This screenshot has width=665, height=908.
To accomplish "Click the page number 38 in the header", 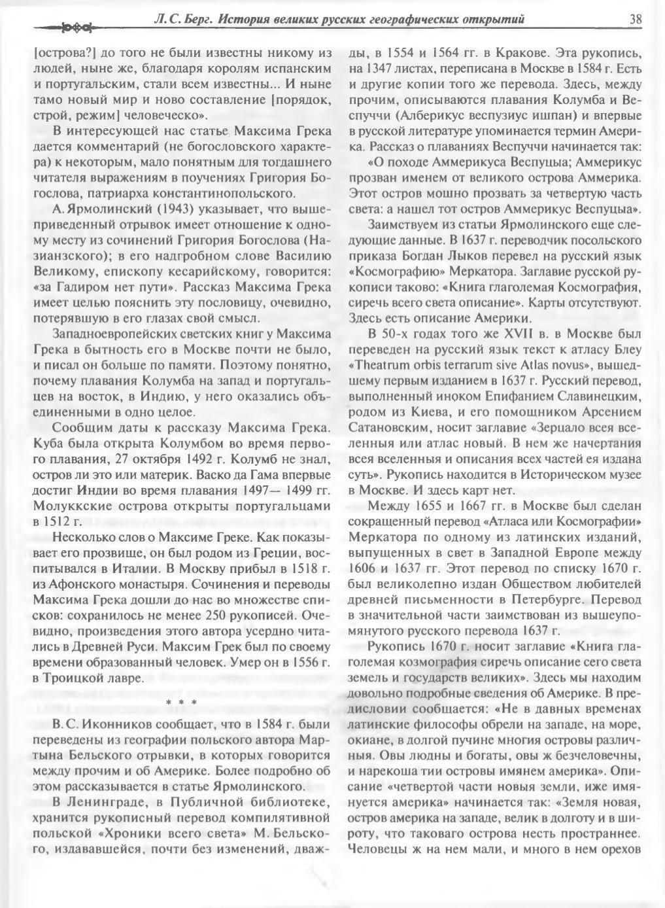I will pos(635,19).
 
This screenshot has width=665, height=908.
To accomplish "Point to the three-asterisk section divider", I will pos(177,703).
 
